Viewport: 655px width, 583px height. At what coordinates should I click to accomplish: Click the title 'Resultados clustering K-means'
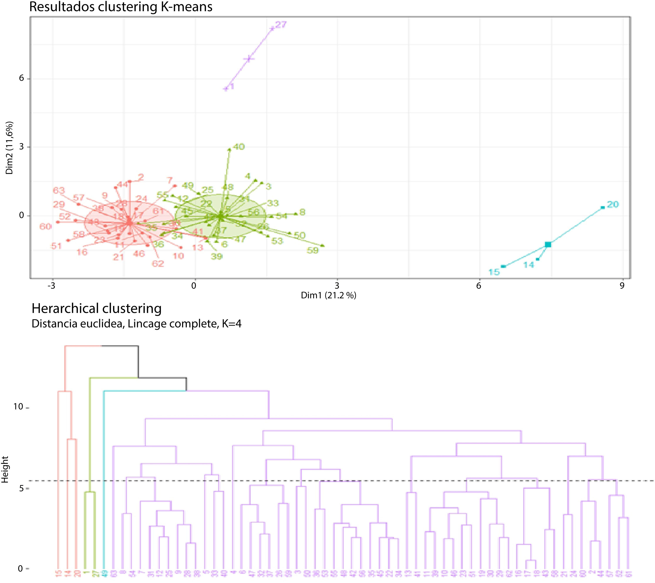121,7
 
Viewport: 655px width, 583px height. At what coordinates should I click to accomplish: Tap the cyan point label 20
613,204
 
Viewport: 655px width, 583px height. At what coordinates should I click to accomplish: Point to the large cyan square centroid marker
548,245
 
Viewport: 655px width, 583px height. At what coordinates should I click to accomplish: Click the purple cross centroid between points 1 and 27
249,59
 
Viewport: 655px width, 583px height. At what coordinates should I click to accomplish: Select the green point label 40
239,147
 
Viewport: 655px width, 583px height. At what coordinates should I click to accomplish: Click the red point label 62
158,264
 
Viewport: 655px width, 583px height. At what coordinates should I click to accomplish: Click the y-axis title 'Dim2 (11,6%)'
10,148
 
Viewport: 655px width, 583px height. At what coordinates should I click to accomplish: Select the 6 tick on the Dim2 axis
22,78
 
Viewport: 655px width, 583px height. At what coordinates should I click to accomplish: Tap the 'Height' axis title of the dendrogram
5,470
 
